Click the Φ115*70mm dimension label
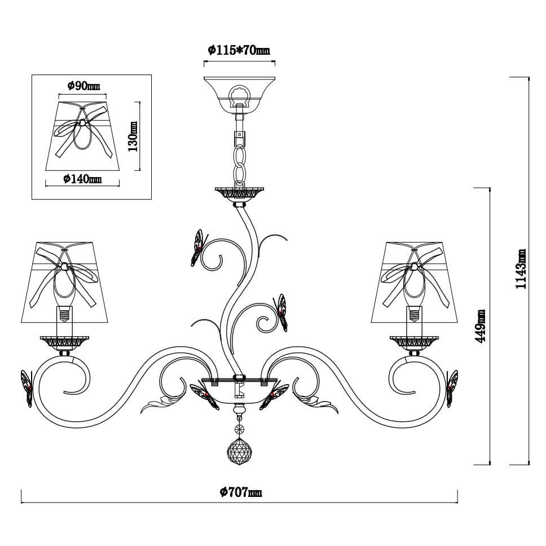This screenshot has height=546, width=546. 239,50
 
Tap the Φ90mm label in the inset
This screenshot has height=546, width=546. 83,86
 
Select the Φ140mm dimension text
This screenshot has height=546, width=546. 83,179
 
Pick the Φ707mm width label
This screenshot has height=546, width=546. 241,492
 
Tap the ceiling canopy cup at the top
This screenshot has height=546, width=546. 239,91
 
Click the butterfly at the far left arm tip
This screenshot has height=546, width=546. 26,388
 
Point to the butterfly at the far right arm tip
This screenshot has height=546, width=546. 452,388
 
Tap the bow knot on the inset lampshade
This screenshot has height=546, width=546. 82,122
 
